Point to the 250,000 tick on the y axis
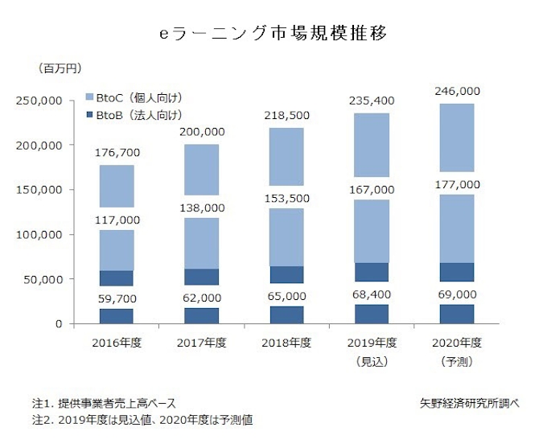coord(39,101)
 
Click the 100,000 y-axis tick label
coord(39,235)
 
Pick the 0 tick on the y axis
coord(59,324)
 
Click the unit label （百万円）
coord(59,68)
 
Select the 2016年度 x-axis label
coord(117,343)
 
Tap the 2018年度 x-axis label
coord(286,343)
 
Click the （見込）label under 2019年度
coord(371,362)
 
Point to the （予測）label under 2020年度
coord(455,362)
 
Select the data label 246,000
coord(456,91)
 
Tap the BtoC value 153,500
coord(286,198)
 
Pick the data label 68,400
coord(371,296)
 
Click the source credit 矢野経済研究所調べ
coord(469,402)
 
